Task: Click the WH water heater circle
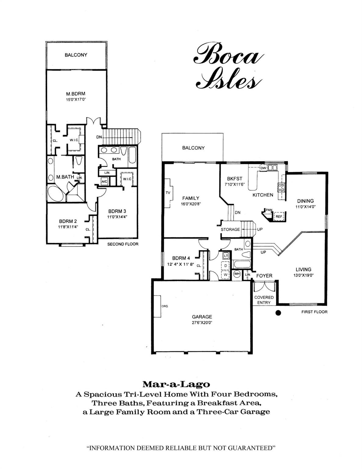(237, 274)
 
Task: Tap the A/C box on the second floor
(104, 181)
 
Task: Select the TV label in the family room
(168, 193)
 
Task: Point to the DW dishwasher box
(263, 168)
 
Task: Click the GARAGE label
(202, 317)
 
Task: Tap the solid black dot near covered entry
(278, 313)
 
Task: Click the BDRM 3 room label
(117, 211)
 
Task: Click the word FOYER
(264, 276)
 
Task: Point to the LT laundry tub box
(226, 256)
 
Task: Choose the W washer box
(226, 275)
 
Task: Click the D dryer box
(226, 265)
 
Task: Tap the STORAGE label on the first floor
(230, 229)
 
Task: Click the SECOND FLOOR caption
(123, 244)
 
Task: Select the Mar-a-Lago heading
(176, 384)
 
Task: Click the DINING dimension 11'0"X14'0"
(306, 206)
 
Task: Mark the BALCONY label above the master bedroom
(76, 55)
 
